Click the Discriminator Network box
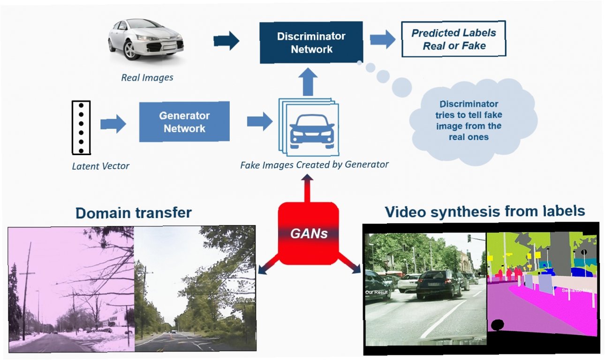tap(311, 43)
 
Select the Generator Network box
tap(184, 121)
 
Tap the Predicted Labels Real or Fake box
tap(454, 39)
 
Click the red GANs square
tap(308, 233)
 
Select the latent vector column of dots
tap(81, 127)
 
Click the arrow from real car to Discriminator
tap(226, 41)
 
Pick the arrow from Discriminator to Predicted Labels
tap(382, 39)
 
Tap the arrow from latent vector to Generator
tap(113, 124)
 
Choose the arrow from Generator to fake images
tap(260, 121)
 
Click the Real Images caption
tap(147, 77)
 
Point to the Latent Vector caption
tap(101, 165)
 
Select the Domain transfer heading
tap(134, 213)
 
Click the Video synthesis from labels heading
tap(485, 211)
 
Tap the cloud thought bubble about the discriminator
tap(472, 120)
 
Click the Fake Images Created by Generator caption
tap(314, 165)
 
